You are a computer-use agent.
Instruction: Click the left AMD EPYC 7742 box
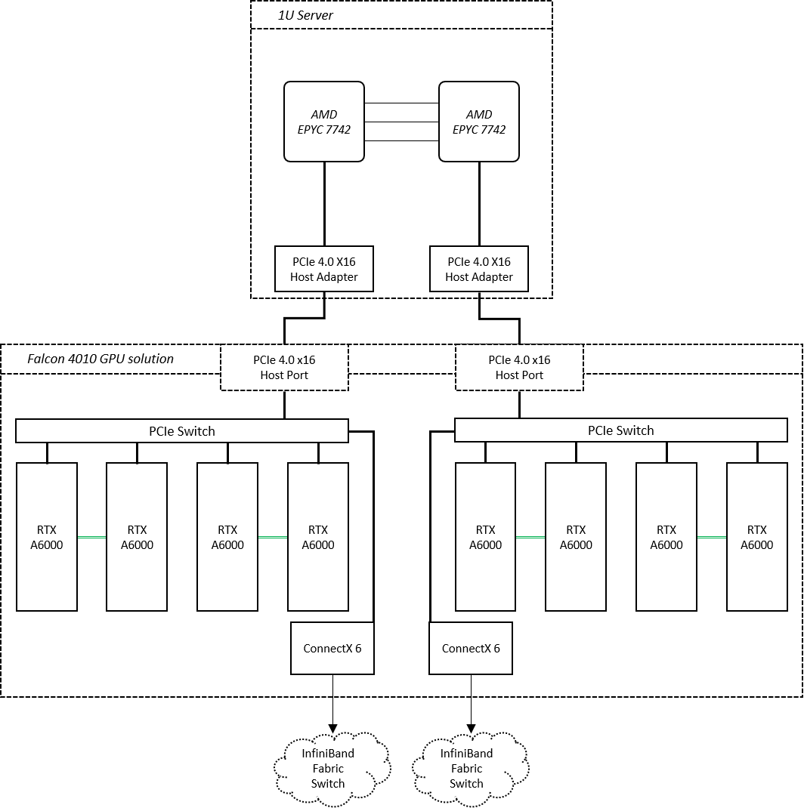pyautogui.click(x=324, y=122)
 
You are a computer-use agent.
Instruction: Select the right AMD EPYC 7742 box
pyautogui.click(x=478, y=122)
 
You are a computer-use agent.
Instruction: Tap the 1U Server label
pyautogui.click(x=305, y=15)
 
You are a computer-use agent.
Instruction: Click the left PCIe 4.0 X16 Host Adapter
pyautogui.click(x=324, y=269)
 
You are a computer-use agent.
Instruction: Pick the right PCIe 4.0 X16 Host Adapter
pyautogui.click(x=479, y=269)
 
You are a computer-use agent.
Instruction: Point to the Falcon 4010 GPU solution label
pyautogui.click(x=100, y=359)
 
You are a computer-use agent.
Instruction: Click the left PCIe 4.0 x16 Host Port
pyautogui.click(x=284, y=368)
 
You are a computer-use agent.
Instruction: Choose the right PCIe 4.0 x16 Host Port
pyautogui.click(x=519, y=368)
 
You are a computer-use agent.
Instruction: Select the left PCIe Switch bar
pyautogui.click(x=182, y=430)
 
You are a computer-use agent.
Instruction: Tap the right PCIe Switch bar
pyautogui.click(x=621, y=430)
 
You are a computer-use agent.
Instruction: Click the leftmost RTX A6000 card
pyautogui.click(x=47, y=537)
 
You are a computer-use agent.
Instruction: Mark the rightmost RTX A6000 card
pyautogui.click(x=757, y=537)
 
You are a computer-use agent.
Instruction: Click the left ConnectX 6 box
pyautogui.click(x=332, y=648)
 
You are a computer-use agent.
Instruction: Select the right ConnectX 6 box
pyautogui.click(x=471, y=648)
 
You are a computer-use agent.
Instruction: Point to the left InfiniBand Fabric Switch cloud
pyautogui.click(x=332, y=768)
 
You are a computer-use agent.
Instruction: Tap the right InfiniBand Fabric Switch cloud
pyautogui.click(x=470, y=768)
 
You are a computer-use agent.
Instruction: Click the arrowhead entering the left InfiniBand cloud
pyautogui.click(x=332, y=729)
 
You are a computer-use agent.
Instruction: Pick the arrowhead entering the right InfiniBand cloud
pyautogui.click(x=471, y=729)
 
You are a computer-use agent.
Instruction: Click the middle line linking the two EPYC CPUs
pyautogui.click(x=402, y=122)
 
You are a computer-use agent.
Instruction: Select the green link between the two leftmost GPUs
pyautogui.click(x=91, y=538)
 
